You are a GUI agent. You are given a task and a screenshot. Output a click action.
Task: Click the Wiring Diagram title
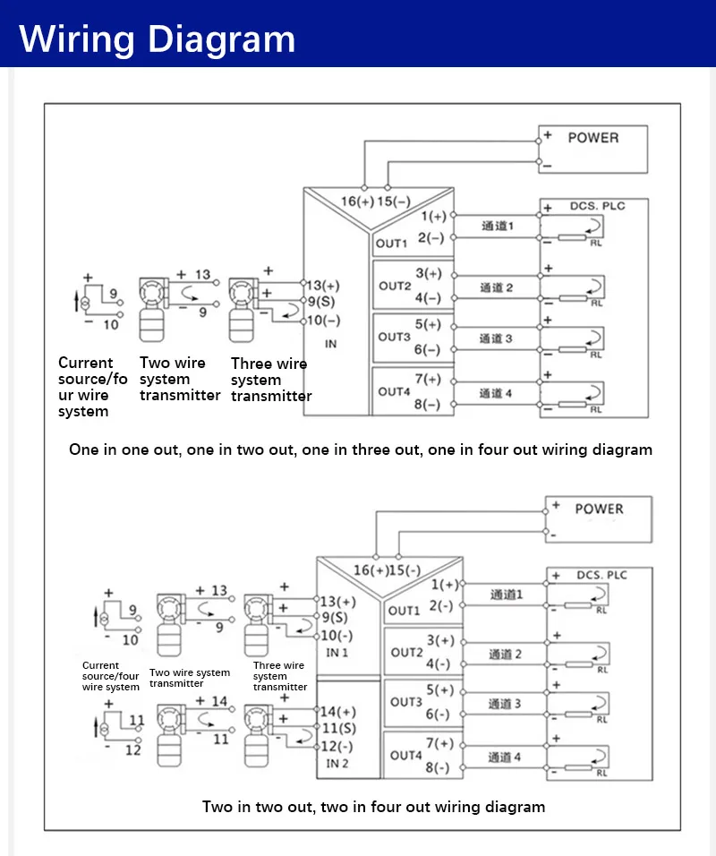[158, 39]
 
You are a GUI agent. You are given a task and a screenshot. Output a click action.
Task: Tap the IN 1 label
[337, 653]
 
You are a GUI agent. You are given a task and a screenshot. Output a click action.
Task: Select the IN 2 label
[337, 764]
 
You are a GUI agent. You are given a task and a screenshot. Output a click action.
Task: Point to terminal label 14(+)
[337, 712]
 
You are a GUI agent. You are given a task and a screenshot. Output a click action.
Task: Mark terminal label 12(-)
[337, 746]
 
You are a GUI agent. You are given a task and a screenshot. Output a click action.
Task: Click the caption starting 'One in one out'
[361, 449]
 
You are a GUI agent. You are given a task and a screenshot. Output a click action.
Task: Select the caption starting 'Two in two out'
[373, 807]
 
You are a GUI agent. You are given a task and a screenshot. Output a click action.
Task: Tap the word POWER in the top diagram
[592, 138]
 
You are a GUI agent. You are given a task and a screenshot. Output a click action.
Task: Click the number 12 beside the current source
[132, 750]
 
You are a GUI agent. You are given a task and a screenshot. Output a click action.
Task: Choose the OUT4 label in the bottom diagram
[405, 755]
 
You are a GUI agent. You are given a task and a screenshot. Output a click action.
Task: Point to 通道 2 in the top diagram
[496, 287]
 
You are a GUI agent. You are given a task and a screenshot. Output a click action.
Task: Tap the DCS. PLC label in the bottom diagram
[601, 575]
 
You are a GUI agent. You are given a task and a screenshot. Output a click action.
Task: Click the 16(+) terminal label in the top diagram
[357, 201]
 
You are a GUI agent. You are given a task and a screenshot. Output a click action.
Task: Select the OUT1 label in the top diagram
[391, 243]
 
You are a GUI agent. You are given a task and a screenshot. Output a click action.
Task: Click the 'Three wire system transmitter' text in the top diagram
[270, 380]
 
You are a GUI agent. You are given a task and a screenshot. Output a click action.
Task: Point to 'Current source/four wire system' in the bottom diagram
[111, 676]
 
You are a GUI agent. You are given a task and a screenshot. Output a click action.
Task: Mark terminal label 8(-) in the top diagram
[427, 404]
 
